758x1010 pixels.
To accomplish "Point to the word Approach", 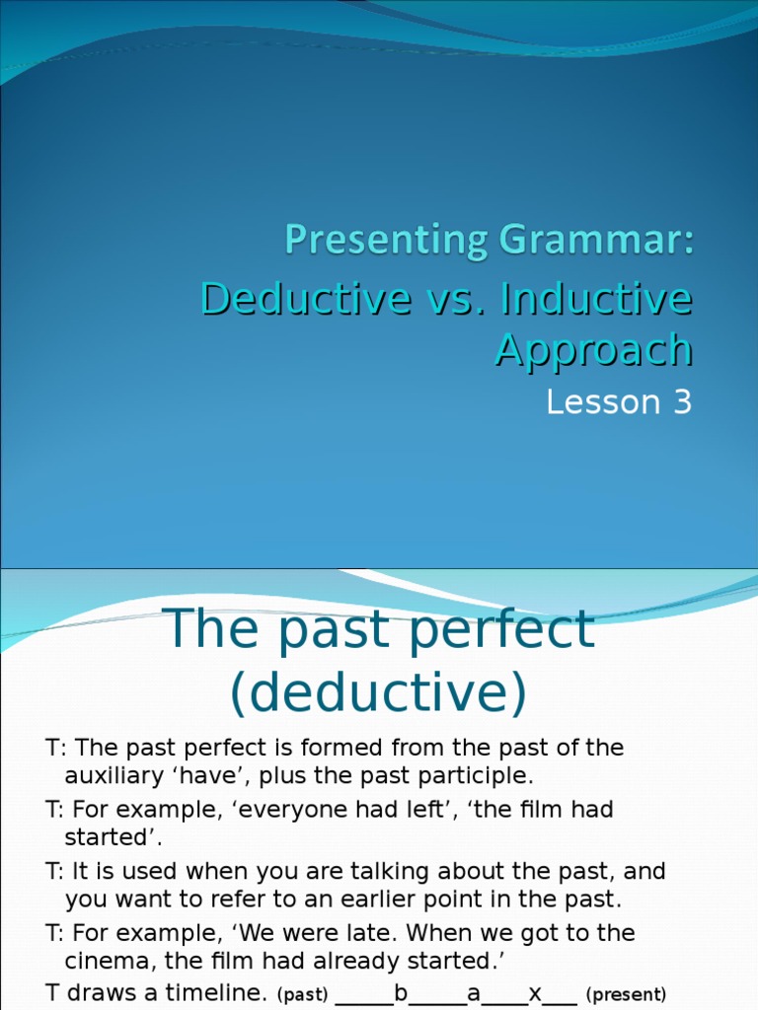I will coord(593,349).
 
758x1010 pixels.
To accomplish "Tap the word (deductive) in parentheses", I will coord(379,693).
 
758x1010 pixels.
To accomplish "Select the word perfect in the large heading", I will coord(502,629).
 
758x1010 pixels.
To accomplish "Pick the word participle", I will coord(475,774).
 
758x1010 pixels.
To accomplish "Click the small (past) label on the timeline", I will coord(302,994).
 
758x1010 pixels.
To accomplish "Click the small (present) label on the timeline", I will coord(626,994).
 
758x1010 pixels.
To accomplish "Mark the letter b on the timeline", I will coord(401,993).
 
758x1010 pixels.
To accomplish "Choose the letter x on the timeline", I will coord(536,993).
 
